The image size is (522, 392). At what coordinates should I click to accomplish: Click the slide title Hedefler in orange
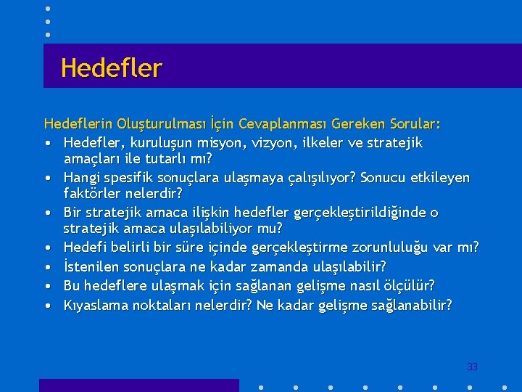[112, 68]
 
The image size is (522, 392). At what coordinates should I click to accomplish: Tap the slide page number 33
[472, 367]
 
